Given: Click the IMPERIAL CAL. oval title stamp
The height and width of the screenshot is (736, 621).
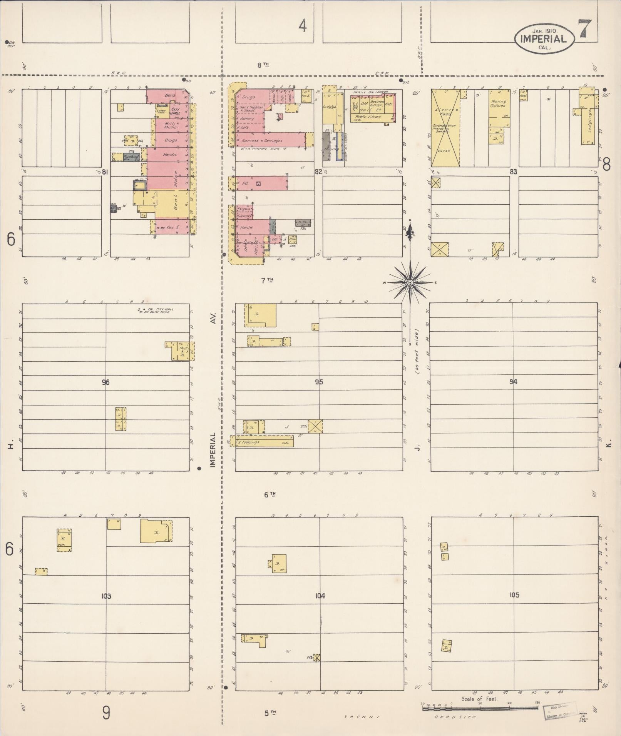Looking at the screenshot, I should (543, 38).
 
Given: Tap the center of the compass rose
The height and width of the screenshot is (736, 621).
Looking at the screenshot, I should (410, 283).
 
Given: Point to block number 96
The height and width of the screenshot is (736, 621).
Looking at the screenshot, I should (106, 382).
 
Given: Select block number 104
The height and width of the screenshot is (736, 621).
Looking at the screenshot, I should (320, 596).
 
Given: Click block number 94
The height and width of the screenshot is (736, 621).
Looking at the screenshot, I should (513, 382).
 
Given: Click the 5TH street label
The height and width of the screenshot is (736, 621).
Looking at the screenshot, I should (270, 713).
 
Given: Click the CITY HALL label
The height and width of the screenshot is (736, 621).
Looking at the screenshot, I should (176, 111).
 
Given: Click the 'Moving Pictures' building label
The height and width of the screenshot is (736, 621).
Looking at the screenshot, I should (498, 103).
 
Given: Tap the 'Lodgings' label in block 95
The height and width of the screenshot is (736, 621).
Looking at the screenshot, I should (249, 442).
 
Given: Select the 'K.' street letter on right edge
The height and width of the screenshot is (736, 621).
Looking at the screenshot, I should (608, 445).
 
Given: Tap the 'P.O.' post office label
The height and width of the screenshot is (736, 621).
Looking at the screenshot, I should (245, 184).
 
